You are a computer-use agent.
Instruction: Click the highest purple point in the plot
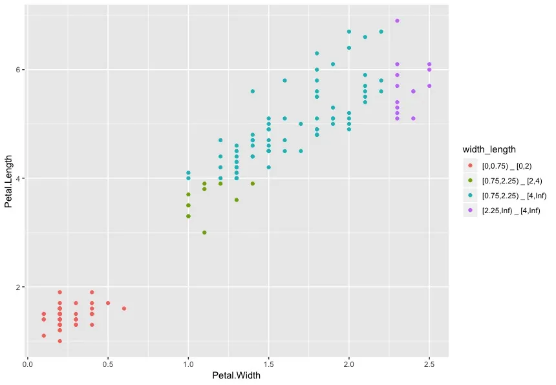click(x=397, y=21)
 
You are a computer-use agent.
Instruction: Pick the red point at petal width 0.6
click(x=124, y=308)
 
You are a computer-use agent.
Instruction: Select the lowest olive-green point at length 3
click(x=204, y=233)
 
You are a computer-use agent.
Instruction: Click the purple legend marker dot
click(x=469, y=211)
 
